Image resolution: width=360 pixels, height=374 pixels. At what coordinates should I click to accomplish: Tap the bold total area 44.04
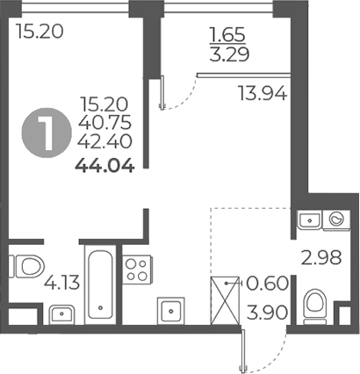click(x=104, y=162)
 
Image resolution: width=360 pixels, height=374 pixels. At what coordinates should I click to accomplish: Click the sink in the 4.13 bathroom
click(x=60, y=312)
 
